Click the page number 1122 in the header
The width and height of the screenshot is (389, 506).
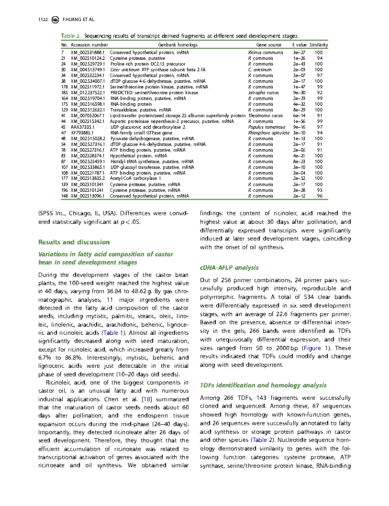(43, 21)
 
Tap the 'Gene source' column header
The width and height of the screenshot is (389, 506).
(266, 44)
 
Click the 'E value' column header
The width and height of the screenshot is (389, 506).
(300, 44)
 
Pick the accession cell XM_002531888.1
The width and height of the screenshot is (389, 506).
(88, 52)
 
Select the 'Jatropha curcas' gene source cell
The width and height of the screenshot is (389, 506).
(261, 92)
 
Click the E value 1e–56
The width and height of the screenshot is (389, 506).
(299, 121)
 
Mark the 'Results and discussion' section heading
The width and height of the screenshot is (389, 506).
(74, 242)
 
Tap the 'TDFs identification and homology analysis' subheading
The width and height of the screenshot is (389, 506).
(263, 385)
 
